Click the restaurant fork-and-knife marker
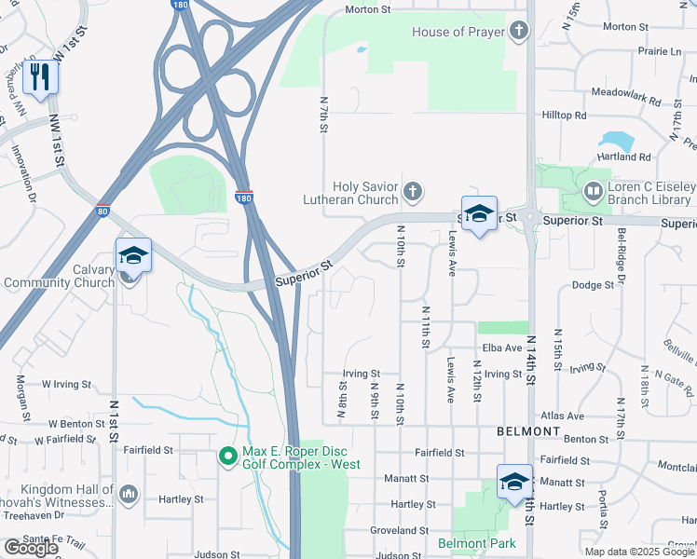coord(40,75)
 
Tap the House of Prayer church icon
coord(519,33)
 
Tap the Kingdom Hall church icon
coord(129,494)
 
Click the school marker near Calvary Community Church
coord(133,256)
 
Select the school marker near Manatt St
coord(513,482)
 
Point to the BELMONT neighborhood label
coord(527,432)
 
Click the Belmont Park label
coord(477,543)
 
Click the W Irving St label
coord(66,384)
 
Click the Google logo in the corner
coord(30,548)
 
